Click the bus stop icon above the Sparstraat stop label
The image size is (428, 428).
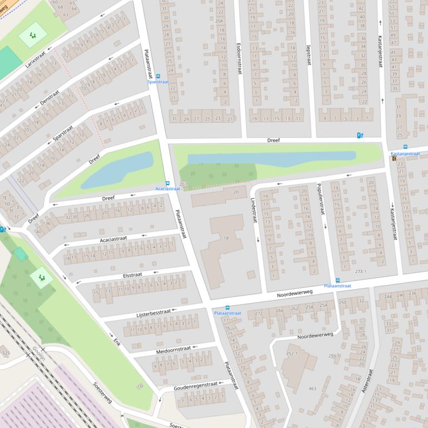click(158, 76)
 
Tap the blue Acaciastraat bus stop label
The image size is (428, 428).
click(168, 189)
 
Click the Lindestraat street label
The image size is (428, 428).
click(253, 209)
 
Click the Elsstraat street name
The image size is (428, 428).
click(132, 275)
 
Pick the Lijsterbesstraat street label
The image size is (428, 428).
click(154, 313)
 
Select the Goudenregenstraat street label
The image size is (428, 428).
click(195, 385)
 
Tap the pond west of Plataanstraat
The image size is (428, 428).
click(116, 171)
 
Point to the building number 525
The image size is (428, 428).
click(6, 353)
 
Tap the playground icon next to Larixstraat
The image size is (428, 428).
click(33, 35)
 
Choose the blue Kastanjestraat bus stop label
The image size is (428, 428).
click(405, 153)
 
